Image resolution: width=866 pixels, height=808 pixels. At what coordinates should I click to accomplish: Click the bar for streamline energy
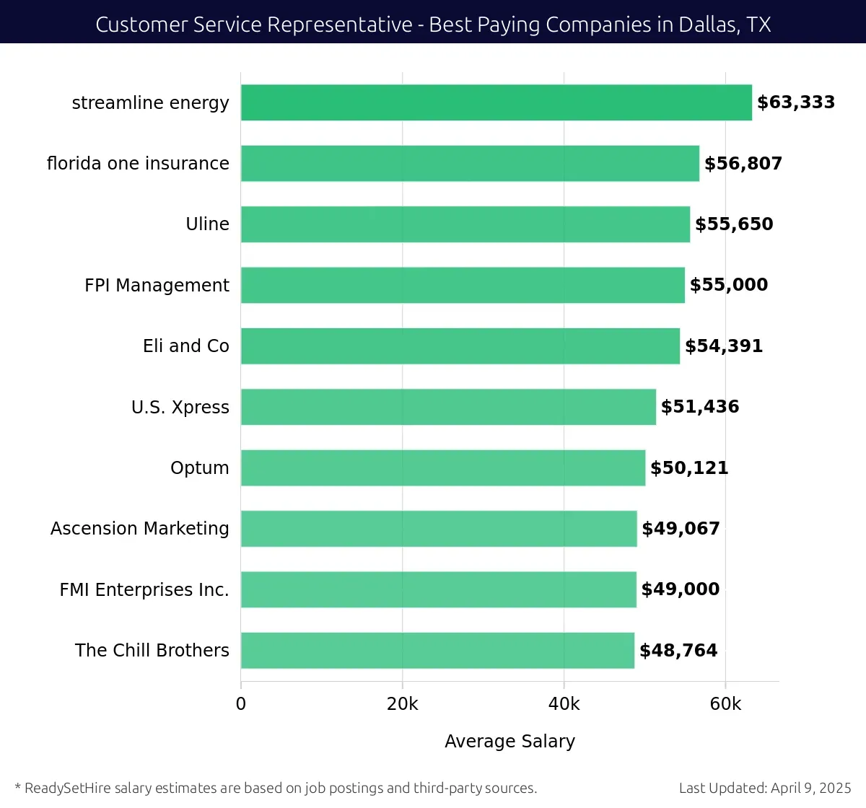(x=496, y=102)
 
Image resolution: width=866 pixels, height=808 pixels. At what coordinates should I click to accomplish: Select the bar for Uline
(x=465, y=224)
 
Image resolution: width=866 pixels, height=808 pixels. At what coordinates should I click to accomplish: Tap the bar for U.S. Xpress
(x=448, y=407)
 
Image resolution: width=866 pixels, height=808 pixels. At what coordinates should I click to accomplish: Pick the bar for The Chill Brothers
(x=437, y=650)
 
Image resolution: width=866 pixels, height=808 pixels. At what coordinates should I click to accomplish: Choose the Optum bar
(x=442, y=467)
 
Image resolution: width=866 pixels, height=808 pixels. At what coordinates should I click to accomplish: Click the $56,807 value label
(x=743, y=164)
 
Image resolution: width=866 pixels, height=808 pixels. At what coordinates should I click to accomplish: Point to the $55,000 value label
(x=728, y=285)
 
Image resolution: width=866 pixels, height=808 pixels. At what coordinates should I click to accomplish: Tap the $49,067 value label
(x=681, y=529)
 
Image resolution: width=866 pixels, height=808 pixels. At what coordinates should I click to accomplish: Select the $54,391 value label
(x=723, y=346)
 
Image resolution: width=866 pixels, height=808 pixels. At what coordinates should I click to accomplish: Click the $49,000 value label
(x=680, y=589)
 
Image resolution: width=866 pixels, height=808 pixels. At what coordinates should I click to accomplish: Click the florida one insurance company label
(x=138, y=164)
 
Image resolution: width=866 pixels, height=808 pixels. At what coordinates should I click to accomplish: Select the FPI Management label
(x=157, y=286)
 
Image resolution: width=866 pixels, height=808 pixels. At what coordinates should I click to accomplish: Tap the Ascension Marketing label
(x=139, y=529)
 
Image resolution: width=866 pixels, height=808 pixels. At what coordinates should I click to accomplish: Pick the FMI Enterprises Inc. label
(x=144, y=590)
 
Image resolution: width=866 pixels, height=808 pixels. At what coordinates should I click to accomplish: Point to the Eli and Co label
(x=185, y=346)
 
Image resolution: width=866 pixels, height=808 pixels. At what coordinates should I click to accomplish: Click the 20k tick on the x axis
(x=402, y=704)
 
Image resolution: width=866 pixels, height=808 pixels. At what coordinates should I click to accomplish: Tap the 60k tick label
(x=725, y=704)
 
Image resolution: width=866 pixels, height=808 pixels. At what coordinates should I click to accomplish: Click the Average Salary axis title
(x=509, y=742)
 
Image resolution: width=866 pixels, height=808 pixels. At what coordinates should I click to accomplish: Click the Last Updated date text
(x=765, y=788)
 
